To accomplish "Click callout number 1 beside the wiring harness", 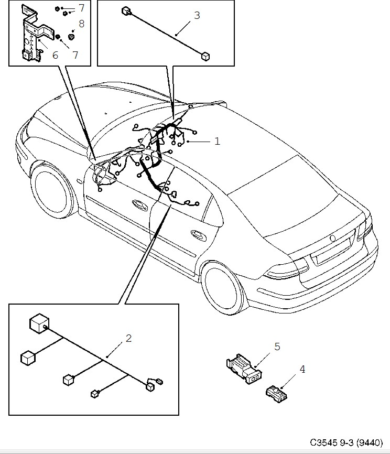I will (217, 141).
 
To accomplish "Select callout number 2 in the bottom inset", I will (128, 338).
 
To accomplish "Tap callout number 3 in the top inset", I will (197, 15).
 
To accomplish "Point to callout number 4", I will (302, 369).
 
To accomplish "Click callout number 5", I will (277, 347).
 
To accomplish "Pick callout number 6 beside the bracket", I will (55, 54).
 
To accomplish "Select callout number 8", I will (81, 24).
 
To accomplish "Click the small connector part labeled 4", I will (276, 392).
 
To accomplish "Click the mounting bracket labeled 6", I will (31, 37).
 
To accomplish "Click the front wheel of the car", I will (52, 188).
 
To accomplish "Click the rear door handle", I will (199, 233).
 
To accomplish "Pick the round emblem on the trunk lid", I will (332, 239).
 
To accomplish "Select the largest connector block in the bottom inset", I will (38, 323).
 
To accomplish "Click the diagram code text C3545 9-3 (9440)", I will (348, 442).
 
